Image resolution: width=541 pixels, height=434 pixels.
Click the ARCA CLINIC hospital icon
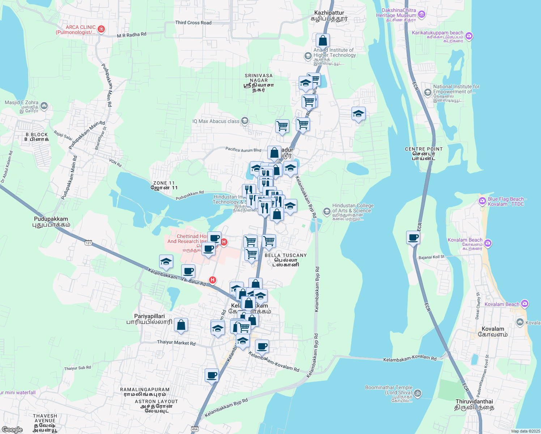[x=101, y=29]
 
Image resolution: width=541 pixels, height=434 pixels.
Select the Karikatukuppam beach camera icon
[x=469, y=36]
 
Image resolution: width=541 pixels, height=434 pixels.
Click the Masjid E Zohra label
[x=21, y=103]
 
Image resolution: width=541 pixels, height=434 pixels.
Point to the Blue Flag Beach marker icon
[x=482, y=201]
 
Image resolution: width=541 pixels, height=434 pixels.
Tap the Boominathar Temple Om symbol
[x=417, y=393]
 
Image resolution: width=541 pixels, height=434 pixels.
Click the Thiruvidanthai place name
[x=474, y=404]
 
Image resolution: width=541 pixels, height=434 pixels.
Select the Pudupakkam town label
[x=51, y=221]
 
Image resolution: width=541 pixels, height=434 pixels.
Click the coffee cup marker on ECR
[x=413, y=238]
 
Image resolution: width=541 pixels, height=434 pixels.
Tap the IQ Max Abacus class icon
[x=245, y=121]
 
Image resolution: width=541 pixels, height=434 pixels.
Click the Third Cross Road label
[x=193, y=23]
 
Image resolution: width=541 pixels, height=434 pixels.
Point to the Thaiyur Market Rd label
[x=176, y=342]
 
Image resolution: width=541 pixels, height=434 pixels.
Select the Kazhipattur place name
[x=329, y=15]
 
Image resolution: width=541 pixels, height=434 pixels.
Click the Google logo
[x=12, y=430]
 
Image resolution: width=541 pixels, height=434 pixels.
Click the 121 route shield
[x=88, y=243]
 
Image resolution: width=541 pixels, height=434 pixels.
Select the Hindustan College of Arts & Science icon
[x=327, y=211]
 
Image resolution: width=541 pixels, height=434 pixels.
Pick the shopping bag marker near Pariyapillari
[x=181, y=325]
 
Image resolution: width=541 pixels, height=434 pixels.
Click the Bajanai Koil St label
[x=431, y=257]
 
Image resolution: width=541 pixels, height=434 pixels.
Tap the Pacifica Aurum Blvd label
[x=243, y=149]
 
